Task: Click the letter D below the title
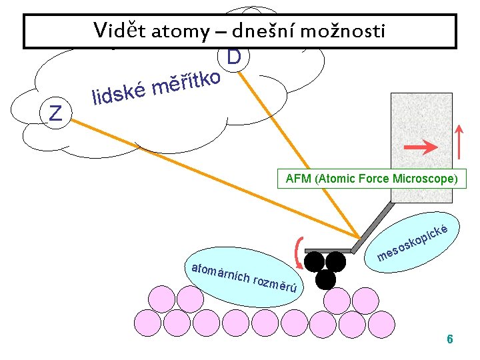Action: click(233, 58)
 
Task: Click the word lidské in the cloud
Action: click(119, 95)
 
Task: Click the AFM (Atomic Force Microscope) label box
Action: click(371, 179)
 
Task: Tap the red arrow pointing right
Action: click(421, 145)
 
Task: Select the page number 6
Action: click(449, 339)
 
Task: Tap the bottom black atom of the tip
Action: click(325, 279)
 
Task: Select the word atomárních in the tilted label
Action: click(220, 273)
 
